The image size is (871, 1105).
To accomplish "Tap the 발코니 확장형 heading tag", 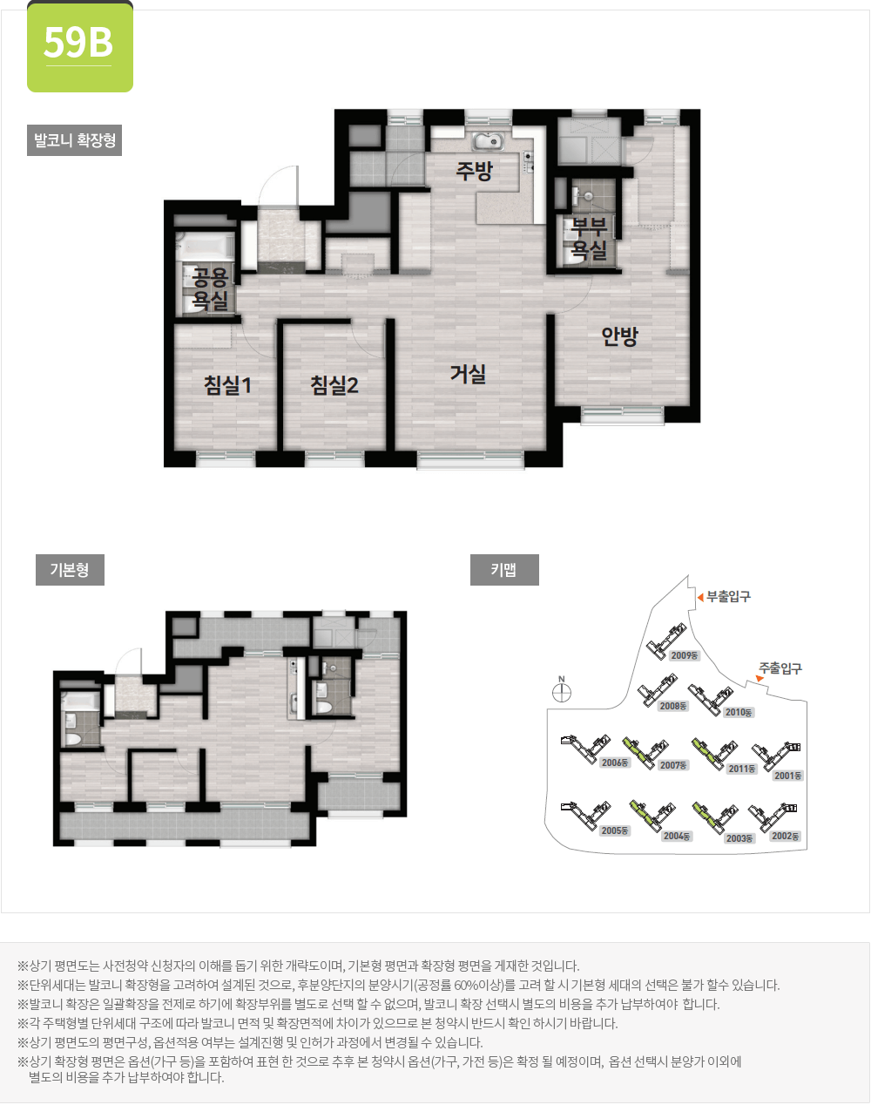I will coord(74,140).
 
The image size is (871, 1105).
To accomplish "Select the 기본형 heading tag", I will coord(70,570).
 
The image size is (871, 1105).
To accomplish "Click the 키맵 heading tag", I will coord(503,570).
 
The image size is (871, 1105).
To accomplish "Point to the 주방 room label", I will coord(474,171).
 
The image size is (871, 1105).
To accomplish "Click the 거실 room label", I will coord(468,374).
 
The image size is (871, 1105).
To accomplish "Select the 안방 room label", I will coord(619,336).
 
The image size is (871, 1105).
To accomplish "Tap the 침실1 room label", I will coord(227,384).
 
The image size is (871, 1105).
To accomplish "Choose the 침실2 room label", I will coord(334,384).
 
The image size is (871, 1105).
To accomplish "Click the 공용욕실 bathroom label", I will coord(210,289).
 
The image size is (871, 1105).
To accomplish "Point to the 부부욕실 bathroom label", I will coord(589,239).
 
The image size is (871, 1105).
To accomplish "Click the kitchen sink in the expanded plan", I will coord(488,141).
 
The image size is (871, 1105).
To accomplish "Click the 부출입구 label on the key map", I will coord(728,597).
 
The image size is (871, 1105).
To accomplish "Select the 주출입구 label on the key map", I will coord(780,668).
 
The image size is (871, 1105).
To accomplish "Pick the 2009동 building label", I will coord(685,655).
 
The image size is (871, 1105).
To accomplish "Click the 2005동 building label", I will coord(614,830).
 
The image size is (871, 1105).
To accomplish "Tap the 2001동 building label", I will coord(787,776).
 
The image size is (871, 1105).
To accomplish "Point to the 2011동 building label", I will coord(742,769).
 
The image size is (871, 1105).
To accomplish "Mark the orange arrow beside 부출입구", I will coord(699,597).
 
